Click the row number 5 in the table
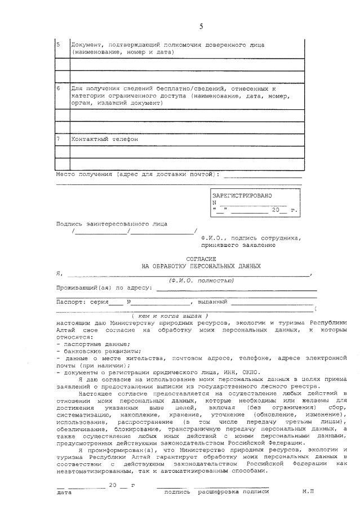(58, 44)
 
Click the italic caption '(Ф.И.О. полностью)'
(201, 280)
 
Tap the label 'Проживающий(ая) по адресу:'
(104, 287)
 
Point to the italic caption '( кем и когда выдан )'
(174, 316)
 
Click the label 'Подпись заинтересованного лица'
(112, 224)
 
